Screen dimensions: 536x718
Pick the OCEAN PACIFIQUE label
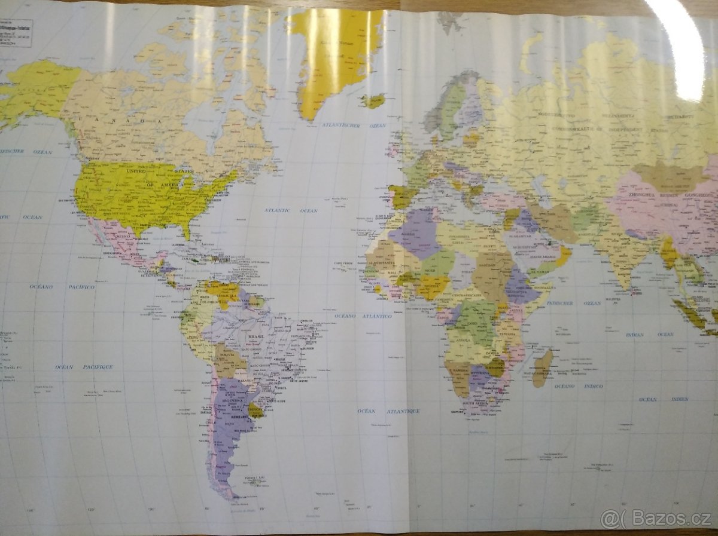point(84,367)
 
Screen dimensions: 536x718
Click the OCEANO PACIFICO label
point(62,287)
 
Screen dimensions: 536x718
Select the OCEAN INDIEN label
point(664,399)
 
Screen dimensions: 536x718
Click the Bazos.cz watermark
point(656,518)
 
